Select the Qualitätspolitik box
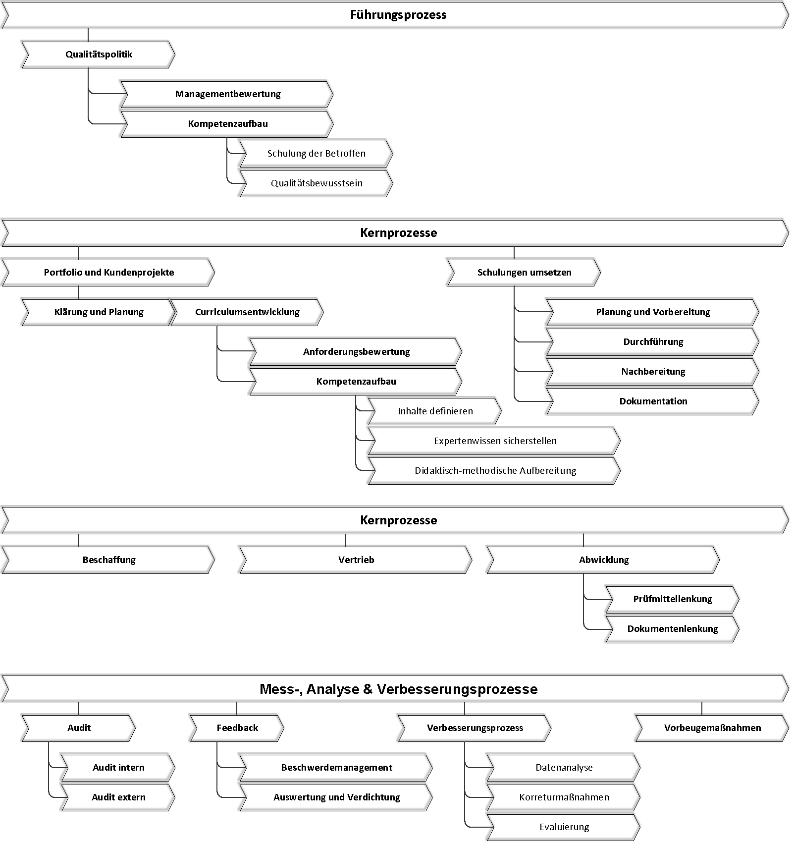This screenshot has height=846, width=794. [x=99, y=55]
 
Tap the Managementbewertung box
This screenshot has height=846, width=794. [x=227, y=94]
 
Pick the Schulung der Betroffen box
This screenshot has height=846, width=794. [x=317, y=154]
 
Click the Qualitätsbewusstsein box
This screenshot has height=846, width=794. [x=317, y=183]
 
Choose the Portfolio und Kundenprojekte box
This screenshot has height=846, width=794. [x=108, y=273]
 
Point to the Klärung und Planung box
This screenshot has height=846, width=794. [x=99, y=312]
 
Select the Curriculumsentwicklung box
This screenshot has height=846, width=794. [x=247, y=312]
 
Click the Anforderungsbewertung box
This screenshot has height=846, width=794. [x=356, y=352]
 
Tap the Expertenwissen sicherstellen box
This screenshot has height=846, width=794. [x=495, y=441]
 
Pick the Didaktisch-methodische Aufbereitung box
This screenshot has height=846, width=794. [x=495, y=471]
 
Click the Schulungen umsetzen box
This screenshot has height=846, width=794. [x=524, y=273]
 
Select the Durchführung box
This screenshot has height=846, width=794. [x=653, y=342]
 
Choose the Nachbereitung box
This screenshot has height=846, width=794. [x=653, y=372]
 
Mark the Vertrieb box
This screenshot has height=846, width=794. [x=356, y=560]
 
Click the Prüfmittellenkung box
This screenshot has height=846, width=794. [x=673, y=599]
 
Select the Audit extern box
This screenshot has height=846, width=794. [x=118, y=797]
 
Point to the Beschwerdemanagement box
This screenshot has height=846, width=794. [x=336, y=768]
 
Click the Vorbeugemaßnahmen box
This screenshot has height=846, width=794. [x=712, y=728]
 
